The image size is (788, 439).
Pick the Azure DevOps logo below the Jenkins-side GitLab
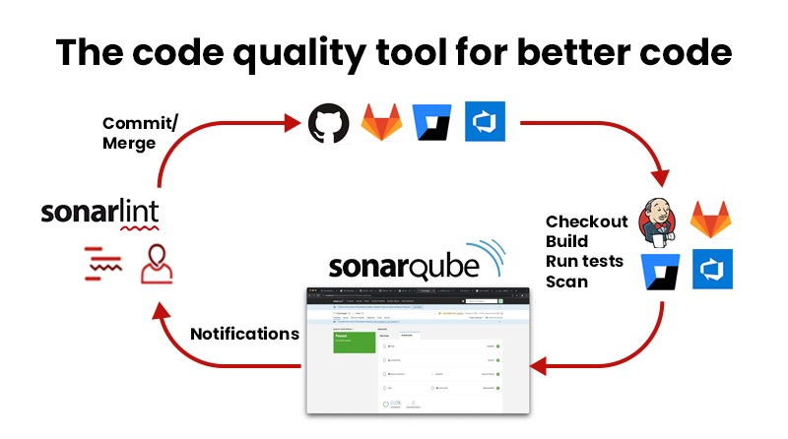711,270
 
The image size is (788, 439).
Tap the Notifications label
243,334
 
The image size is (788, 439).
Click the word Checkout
586,221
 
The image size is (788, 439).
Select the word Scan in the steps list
566,282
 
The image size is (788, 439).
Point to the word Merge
129,143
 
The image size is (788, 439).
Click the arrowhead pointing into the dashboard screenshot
536,366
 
